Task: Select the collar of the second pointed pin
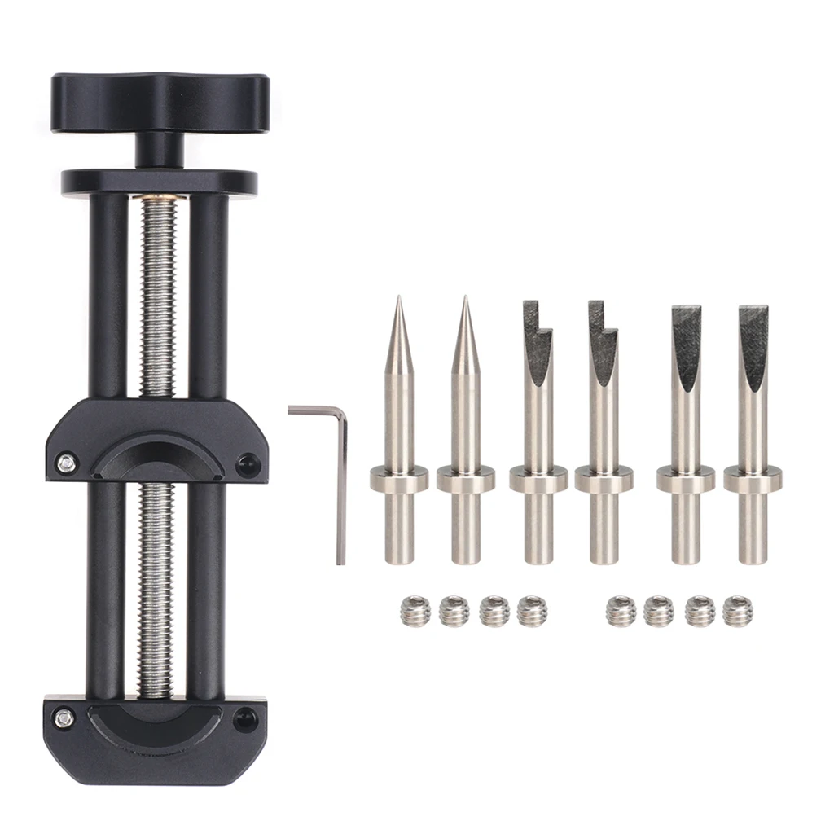(x=465, y=478)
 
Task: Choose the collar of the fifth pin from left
(x=686, y=478)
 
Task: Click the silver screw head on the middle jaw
(x=65, y=463)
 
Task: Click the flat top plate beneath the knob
(x=159, y=181)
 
